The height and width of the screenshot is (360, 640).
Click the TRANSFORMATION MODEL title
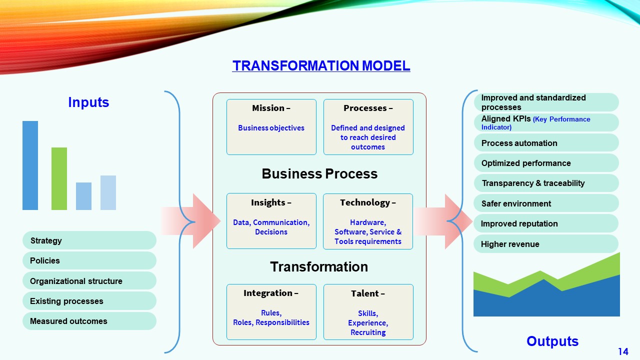321,65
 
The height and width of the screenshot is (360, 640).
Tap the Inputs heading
88,102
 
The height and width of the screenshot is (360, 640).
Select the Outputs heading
552,341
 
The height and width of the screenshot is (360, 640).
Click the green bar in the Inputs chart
59,178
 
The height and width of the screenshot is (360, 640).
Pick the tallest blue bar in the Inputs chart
30,165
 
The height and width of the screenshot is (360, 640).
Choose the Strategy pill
89,240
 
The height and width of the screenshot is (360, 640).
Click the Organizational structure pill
89,281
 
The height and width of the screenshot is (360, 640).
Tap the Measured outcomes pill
89,321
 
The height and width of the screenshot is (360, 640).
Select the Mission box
271,127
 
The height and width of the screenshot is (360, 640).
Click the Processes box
368,127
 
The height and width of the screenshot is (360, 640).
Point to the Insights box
271,221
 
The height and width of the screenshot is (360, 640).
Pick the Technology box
368,221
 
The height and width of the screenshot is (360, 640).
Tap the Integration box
271,312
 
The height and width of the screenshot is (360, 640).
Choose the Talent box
368,312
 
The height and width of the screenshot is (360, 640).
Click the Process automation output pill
546,143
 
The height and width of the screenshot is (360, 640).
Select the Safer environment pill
546,203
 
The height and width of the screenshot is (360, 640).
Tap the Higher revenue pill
546,244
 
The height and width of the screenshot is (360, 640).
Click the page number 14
623,351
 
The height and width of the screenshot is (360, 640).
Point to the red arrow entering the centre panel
190,221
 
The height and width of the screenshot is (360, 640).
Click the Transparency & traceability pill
546,183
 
